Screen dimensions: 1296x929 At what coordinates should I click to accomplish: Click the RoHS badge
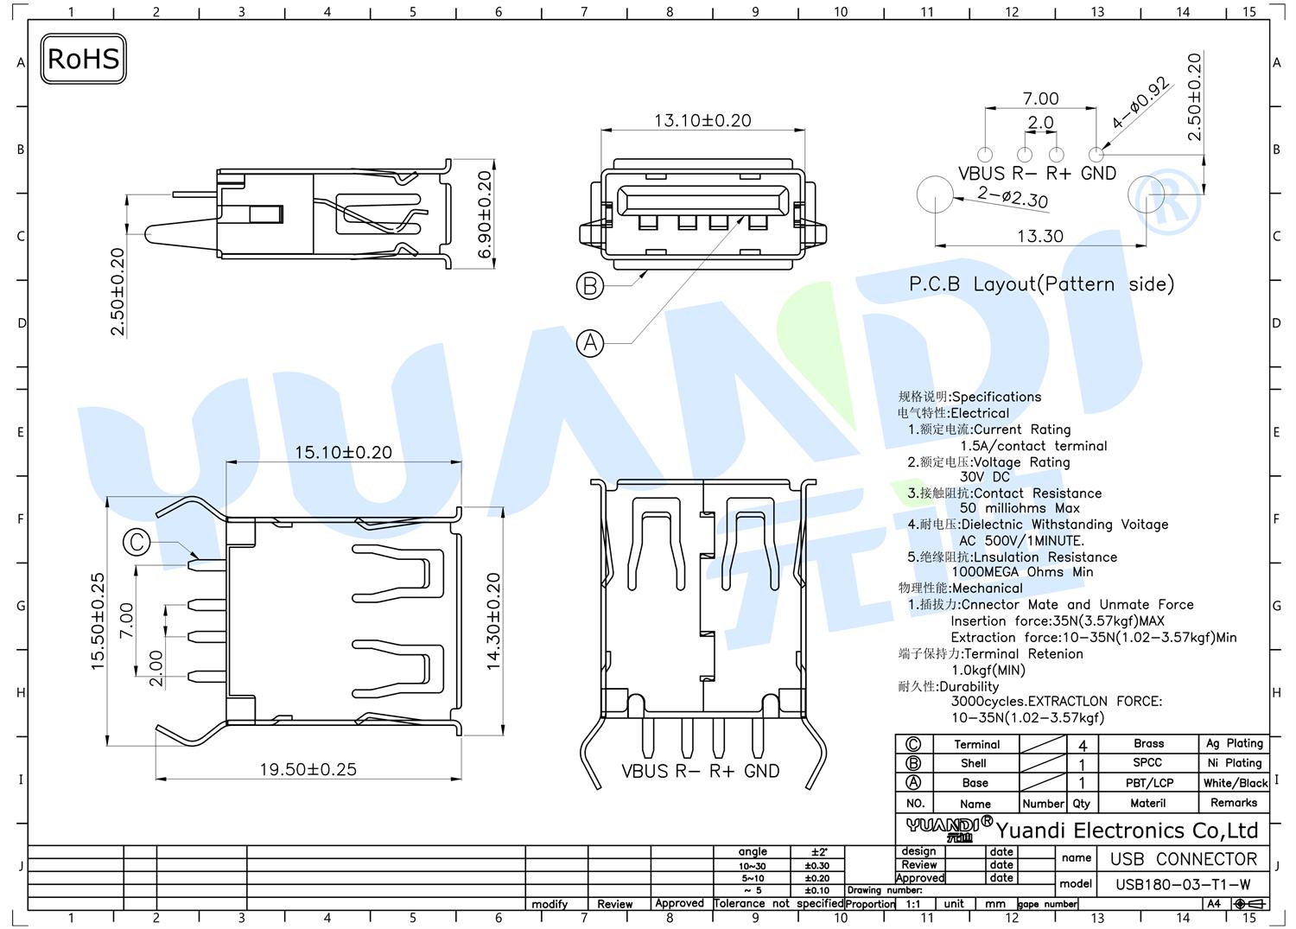[83, 59]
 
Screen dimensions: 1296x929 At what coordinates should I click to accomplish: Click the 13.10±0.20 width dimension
[702, 120]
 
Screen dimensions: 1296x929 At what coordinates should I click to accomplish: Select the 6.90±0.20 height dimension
[485, 214]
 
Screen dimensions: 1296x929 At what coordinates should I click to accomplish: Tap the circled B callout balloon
[589, 286]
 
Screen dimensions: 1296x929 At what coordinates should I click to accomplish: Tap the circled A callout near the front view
[590, 343]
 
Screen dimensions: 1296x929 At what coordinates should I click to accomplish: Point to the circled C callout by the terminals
[137, 543]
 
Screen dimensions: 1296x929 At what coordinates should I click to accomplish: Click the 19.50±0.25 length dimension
[308, 769]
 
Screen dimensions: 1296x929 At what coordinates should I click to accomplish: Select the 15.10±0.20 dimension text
[343, 452]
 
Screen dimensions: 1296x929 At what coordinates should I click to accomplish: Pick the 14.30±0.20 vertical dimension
[493, 621]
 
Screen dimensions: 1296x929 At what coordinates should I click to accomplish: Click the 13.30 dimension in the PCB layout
[1039, 236]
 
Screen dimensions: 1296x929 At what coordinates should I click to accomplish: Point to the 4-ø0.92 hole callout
[1140, 102]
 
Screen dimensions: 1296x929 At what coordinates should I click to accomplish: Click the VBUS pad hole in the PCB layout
[985, 155]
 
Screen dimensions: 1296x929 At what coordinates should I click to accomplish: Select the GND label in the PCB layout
[1098, 173]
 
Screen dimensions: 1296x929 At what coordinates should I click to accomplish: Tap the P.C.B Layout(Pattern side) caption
[1041, 283]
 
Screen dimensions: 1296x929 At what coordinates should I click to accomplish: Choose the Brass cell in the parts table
[1148, 743]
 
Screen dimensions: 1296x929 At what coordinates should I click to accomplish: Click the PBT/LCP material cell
[1149, 783]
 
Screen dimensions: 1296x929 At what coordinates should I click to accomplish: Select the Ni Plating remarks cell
[1234, 763]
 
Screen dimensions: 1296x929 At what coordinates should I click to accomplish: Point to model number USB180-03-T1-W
[1183, 884]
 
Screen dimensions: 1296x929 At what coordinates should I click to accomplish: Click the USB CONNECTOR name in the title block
[1183, 859]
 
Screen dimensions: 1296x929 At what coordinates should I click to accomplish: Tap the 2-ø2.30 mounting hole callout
[1013, 197]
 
